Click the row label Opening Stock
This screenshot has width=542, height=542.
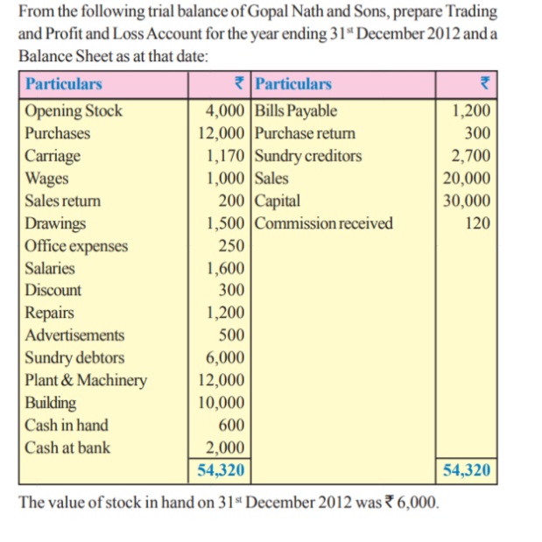click(x=74, y=111)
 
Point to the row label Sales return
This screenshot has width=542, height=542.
click(x=62, y=201)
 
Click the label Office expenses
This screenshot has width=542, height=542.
click(x=76, y=246)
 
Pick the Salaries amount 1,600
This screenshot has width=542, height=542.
click(x=226, y=269)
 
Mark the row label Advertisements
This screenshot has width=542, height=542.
click(x=74, y=335)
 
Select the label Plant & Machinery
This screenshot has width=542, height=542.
click(x=86, y=381)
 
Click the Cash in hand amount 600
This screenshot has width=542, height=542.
click(x=231, y=426)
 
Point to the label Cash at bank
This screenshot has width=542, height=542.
click(x=67, y=448)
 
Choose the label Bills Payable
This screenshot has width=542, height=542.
click(x=296, y=111)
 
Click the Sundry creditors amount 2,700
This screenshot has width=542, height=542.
click(x=471, y=157)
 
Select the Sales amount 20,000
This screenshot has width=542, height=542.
click(x=468, y=179)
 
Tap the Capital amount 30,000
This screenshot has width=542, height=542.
click(x=468, y=201)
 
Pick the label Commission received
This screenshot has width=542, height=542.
click(x=324, y=223)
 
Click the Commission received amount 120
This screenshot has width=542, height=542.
click(x=477, y=223)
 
